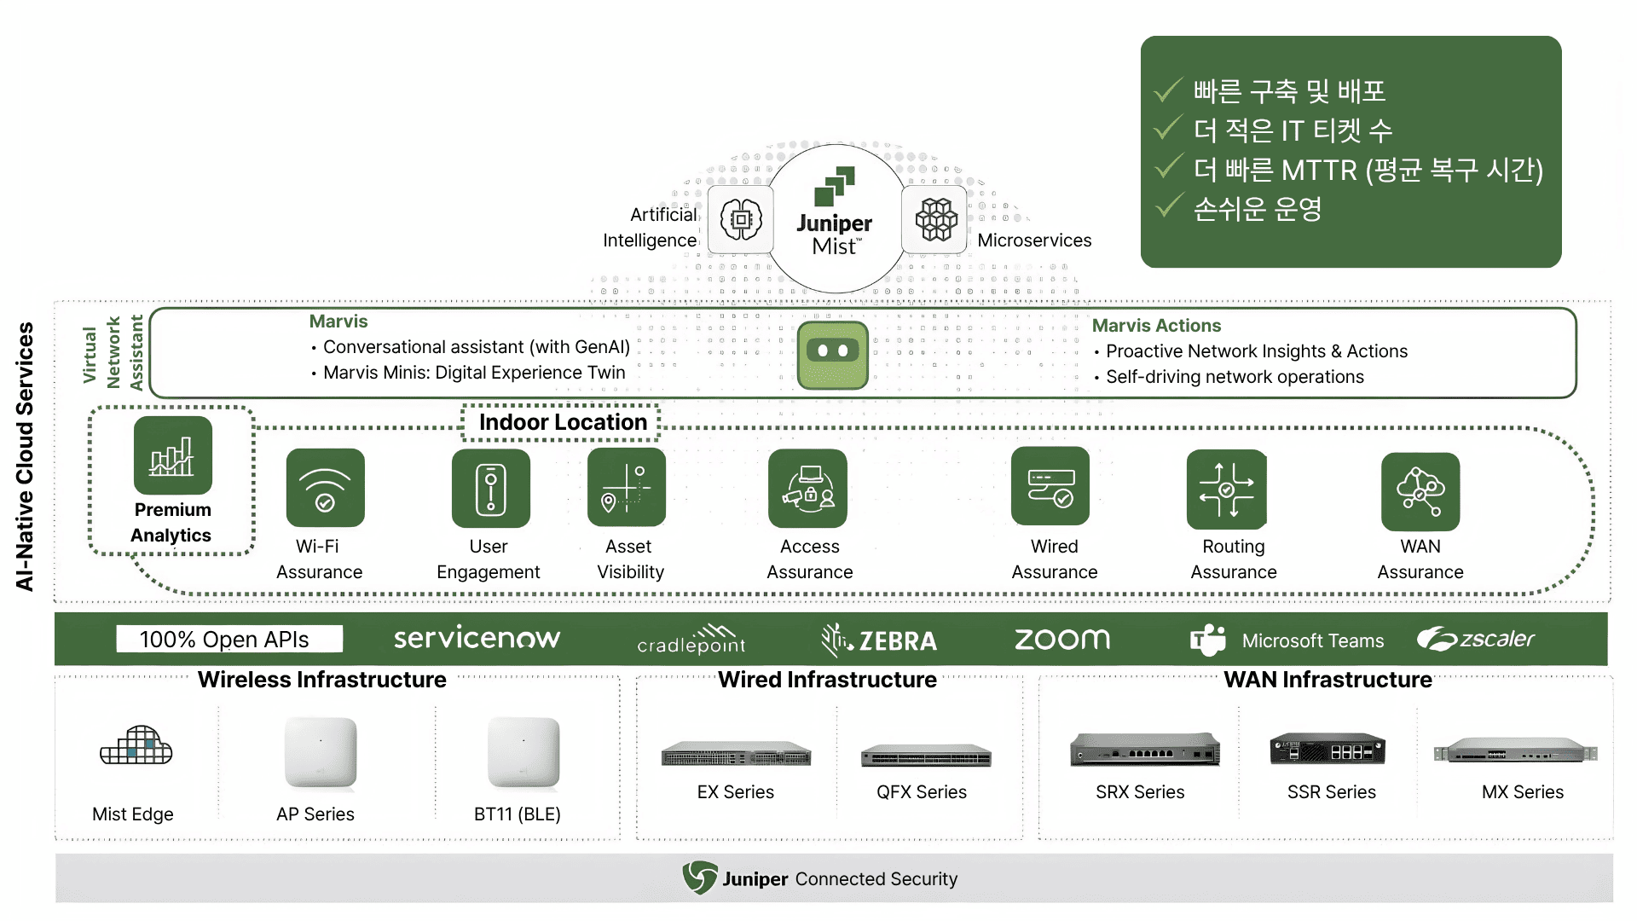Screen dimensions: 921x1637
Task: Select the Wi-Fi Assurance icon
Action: pyautogui.click(x=325, y=488)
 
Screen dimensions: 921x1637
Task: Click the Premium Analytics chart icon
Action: pyautogui.click(x=172, y=455)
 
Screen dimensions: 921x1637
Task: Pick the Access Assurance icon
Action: pyautogui.click(x=807, y=489)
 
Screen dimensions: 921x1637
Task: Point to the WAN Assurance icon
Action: pyautogui.click(x=1420, y=492)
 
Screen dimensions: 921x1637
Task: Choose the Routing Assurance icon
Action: pyautogui.click(x=1226, y=489)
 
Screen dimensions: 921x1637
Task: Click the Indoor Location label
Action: pyautogui.click(x=563, y=422)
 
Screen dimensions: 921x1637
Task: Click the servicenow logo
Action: pyautogui.click(x=477, y=638)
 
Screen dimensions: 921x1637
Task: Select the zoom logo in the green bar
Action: pyautogui.click(x=1062, y=639)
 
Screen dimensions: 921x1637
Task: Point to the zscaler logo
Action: pyautogui.click(x=1476, y=639)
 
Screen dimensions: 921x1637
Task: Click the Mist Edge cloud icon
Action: pyautogui.click(x=136, y=746)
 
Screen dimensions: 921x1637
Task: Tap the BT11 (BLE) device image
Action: pyautogui.click(x=523, y=753)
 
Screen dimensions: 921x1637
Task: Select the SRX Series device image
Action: pyautogui.click(x=1145, y=750)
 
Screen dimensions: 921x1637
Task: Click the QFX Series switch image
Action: pyautogui.click(x=926, y=756)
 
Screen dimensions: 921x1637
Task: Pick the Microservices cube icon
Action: pyautogui.click(x=936, y=220)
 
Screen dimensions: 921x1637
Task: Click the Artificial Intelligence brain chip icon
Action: pyautogui.click(x=741, y=220)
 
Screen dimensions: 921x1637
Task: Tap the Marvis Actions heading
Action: pyautogui.click(x=1156, y=326)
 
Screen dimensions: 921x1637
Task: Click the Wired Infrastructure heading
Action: pyautogui.click(x=827, y=680)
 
